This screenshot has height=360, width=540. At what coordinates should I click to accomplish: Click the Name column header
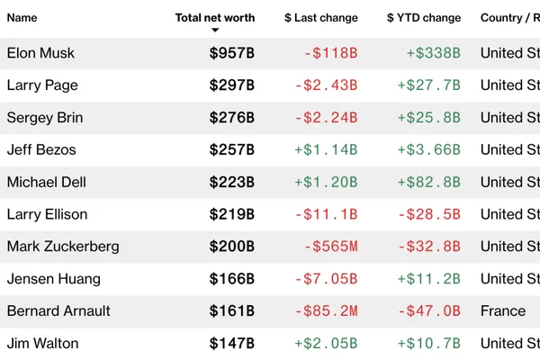pos(22,18)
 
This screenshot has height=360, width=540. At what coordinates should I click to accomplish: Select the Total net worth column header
pos(215,18)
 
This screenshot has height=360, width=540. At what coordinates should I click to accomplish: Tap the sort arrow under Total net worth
pos(215,30)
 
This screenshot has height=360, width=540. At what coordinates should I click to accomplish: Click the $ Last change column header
pos(321,18)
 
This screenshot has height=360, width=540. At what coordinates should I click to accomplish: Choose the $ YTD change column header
pos(424,18)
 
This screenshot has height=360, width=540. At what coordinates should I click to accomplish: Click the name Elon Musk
pos(40,53)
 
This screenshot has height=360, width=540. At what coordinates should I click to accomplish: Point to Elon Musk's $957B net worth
pos(232,53)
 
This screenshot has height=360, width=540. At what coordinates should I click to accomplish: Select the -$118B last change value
pos(330,53)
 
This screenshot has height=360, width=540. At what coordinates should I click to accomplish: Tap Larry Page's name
pos(42,85)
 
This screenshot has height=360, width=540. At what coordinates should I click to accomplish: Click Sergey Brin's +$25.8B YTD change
pos(429,118)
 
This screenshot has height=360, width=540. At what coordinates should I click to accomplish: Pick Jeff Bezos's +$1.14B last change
pos(326,150)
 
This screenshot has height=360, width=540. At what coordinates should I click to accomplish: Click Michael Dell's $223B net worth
pos(232,182)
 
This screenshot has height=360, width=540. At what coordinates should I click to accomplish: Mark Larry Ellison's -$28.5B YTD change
pos(429,214)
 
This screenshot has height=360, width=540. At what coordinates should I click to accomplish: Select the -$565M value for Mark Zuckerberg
pos(330,247)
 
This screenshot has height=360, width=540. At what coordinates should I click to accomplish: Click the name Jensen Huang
pos(54,279)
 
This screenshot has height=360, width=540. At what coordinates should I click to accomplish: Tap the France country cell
pos(503,311)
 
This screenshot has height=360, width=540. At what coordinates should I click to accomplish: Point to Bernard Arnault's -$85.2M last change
pos(326,311)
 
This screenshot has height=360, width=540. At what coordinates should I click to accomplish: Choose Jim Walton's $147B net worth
pos(232,344)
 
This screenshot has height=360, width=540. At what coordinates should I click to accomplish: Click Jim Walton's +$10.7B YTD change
pos(429,344)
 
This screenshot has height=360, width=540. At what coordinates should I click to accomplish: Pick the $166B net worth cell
pos(232,279)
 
